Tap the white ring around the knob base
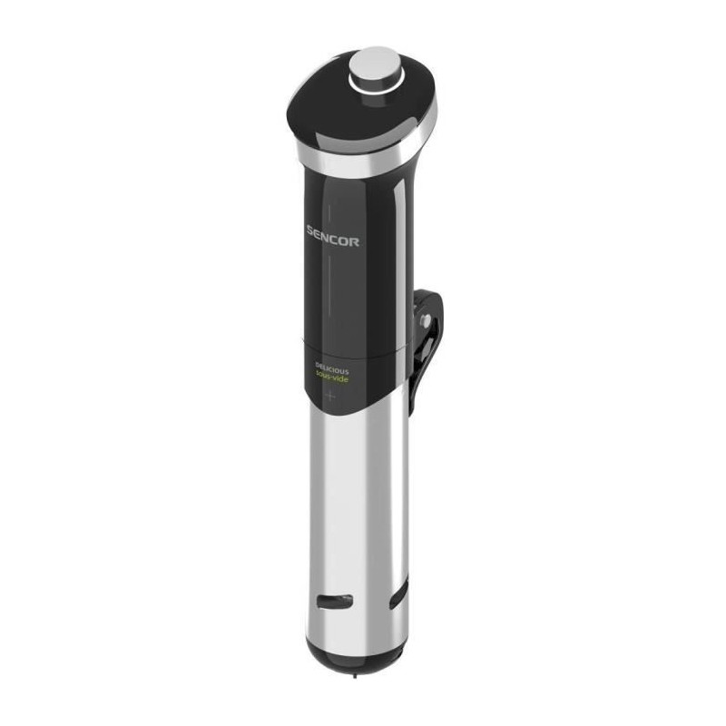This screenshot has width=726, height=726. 374,83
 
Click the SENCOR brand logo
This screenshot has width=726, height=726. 332,241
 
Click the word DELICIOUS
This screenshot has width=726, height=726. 331,370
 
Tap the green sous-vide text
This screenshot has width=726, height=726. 332,379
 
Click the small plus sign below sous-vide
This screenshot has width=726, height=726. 330,396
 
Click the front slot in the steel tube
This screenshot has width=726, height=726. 333,600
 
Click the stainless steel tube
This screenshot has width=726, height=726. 354,508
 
